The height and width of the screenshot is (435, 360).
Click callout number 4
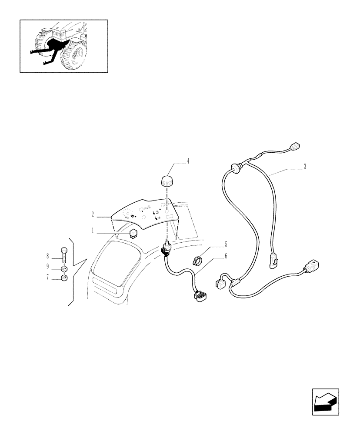[x=188, y=161]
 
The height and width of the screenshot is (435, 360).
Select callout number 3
[x=305, y=167]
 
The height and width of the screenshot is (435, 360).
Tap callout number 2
[x=93, y=215]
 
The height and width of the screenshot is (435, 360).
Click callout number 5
[x=226, y=244]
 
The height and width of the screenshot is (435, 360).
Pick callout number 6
[x=226, y=257]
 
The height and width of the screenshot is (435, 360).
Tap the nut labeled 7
[x=64, y=278]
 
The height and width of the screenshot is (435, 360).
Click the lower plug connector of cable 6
[x=200, y=297]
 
